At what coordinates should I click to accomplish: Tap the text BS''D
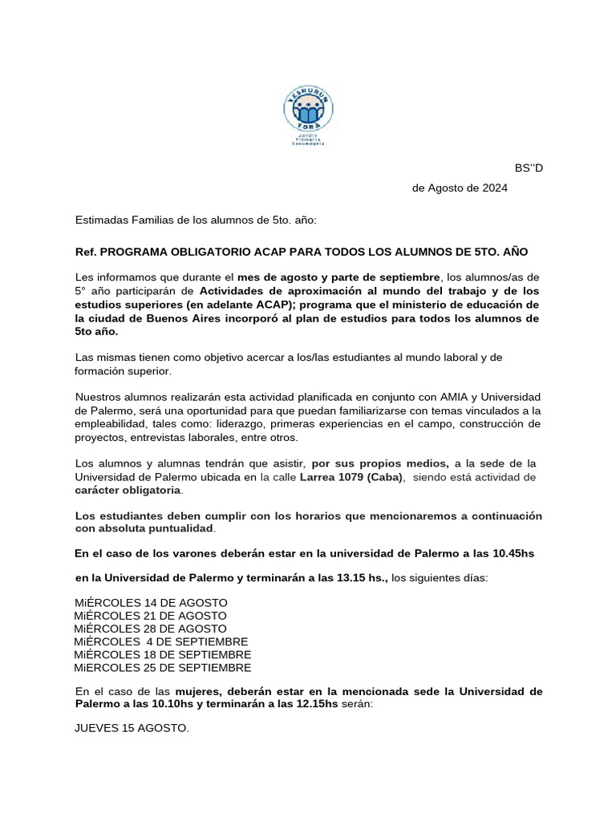click(x=529, y=168)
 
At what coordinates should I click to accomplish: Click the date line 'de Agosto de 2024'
click(x=460, y=188)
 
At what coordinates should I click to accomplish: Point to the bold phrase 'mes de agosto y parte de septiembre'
click(x=339, y=277)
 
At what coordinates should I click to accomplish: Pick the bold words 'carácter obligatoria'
click(x=128, y=490)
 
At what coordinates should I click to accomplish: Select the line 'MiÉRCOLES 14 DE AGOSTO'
click(x=151, y=602)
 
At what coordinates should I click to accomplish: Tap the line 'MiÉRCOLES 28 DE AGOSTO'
click(x=151, y=629)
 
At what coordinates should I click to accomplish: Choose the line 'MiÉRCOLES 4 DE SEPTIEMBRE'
click(x=161, y=641)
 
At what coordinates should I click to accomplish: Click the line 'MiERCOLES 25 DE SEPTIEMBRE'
click(x=162, y=667)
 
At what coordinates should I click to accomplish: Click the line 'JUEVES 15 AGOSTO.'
click(x=132, y=729)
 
